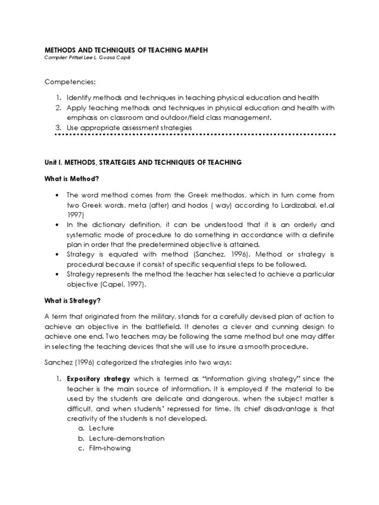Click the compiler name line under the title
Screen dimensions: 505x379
coord(89,58)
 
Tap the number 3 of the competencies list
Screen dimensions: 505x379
coord(58,128)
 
